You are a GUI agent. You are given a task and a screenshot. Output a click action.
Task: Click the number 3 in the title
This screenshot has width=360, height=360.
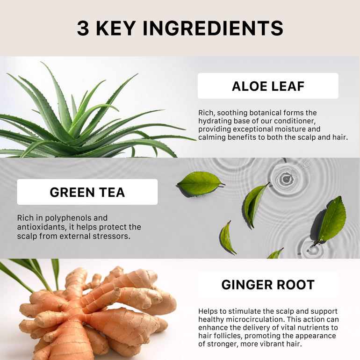tap(83, 29)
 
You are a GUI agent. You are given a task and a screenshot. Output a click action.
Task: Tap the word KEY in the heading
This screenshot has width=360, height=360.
tap(116, 29)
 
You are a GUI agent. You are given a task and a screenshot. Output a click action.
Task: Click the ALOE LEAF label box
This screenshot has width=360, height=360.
tap(268, 86)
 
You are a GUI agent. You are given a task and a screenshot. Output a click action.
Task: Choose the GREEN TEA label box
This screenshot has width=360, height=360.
tap(87, 192)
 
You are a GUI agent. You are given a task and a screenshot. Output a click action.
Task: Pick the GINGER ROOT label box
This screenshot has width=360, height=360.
tap(268, 284)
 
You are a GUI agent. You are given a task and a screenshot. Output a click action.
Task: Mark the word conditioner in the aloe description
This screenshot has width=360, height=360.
tap(295, 121)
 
